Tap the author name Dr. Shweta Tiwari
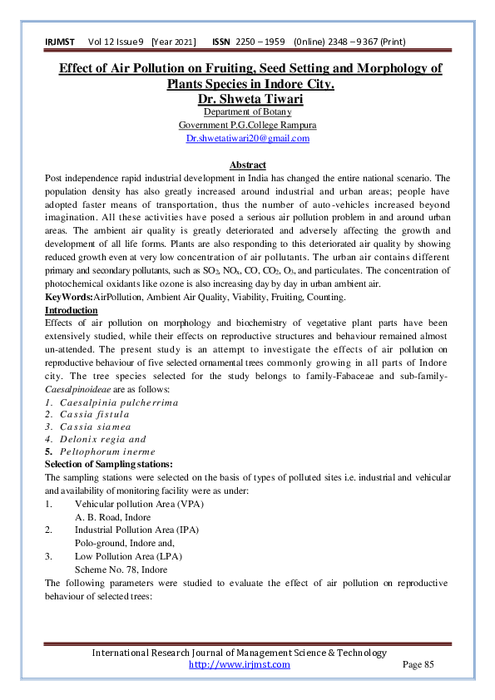247,99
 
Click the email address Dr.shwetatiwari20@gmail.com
247,138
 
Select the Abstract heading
247,165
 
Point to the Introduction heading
71,310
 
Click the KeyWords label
68,298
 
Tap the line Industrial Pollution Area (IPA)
136,530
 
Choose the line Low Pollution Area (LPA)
128,555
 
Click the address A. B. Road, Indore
112,516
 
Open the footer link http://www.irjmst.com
239,664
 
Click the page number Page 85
418,664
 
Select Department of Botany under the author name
247,112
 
